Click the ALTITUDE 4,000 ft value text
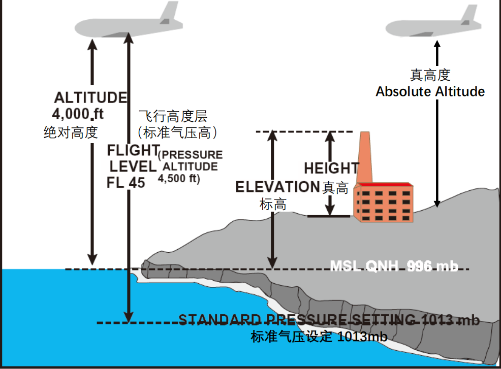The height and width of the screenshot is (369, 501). coord(78,114)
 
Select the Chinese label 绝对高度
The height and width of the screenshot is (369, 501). coord(71,132)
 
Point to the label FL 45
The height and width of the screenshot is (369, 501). coord(126,183)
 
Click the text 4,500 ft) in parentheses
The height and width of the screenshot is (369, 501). coord(179,179)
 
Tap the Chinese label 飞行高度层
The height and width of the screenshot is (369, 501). coord(173,116)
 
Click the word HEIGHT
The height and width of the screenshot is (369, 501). coord(331,168)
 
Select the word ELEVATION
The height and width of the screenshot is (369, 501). coord(277,187)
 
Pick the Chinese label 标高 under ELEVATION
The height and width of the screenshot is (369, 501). coord(273,204)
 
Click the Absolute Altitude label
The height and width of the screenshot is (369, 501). coord(430,91)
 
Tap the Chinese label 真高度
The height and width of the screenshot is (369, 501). coord(430,75)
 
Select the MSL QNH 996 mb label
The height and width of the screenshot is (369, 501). coord(394,266)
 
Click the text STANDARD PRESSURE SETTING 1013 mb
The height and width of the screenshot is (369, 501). coord(329,320)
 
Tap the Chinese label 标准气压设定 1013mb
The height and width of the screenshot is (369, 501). coord(319,337)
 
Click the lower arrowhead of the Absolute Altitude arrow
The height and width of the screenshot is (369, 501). coord(437,204)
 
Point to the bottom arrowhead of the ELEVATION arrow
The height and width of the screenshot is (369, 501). coord(272,263)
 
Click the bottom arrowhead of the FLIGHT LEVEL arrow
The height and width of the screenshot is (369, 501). coord(129,316)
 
